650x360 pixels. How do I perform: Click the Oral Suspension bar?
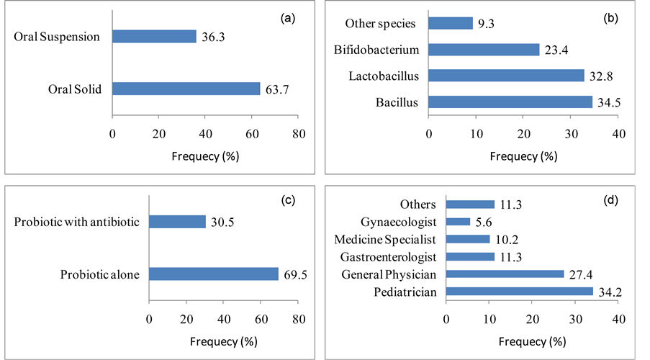click(x=154, y=36)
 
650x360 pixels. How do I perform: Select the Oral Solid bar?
click(x=186, y=89)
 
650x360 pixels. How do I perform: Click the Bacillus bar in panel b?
click(x=510, y=102)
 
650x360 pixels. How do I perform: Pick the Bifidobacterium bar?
click(x=484, y=50)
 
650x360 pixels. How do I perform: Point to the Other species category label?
click(x=380, y=24)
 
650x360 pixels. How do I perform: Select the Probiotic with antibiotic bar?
click(x=177, y=222)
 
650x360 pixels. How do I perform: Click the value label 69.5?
click(x=294, y=274)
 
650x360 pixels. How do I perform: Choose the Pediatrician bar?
click(x=520, y=292)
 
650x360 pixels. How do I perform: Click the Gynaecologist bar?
click(x=459, y=222)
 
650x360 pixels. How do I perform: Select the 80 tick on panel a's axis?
click(x=299, y=133)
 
